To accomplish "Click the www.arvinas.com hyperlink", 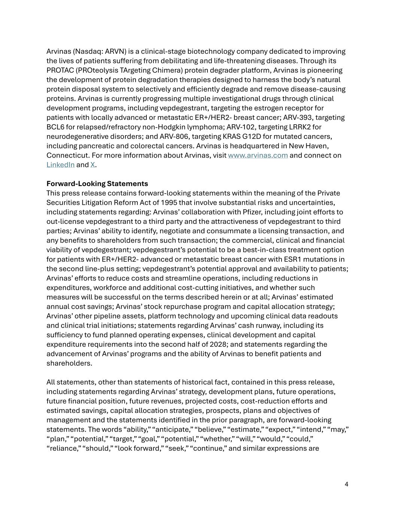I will pyautogui.click(x=258, y=155).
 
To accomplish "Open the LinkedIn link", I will pyautogui.click(x=60, y=165).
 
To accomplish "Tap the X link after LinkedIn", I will pyautogui.click(x=92, y=165).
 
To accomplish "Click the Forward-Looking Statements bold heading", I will pyautogui.click(x=97, y=183).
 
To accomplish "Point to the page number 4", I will pyautogui.click(x=346, y=484).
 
